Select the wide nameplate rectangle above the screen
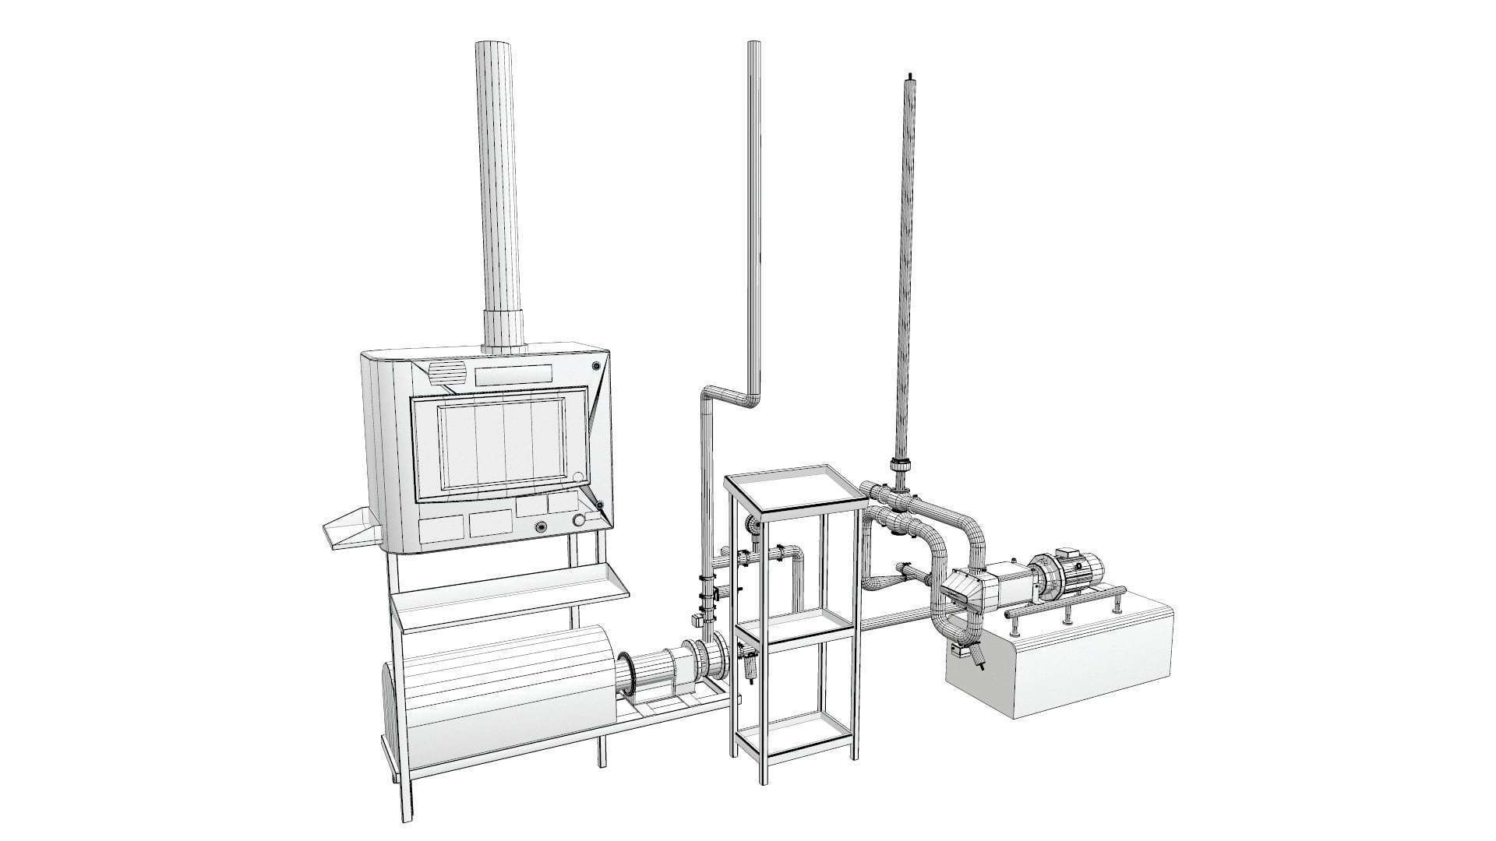(513, 375)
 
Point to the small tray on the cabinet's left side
(350, 530)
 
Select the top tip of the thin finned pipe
(909, 76)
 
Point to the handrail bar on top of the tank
(1064, 601)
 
